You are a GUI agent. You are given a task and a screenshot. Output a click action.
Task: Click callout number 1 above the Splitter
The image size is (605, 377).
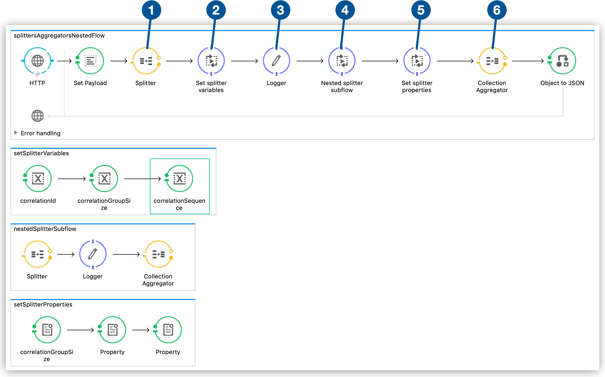click(x=151, y=10)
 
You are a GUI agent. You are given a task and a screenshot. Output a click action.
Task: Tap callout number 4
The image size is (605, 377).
click(x=345, y=10)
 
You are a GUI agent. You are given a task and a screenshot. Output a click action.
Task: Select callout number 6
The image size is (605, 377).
click(x=497, y=10)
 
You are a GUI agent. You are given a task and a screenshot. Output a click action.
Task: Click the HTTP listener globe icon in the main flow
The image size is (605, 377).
click(x=37, y=61)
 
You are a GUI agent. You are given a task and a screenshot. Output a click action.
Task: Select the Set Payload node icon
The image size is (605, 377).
click(x=90, y=61)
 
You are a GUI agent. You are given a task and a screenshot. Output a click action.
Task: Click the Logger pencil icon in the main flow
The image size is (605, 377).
click(x=276, y=61)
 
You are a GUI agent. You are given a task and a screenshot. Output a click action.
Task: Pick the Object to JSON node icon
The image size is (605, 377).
click(x=562, y=61)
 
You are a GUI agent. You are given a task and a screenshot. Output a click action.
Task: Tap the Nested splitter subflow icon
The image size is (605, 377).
click(x=342, y=61)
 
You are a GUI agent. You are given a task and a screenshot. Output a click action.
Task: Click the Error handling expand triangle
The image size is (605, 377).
click(x=16, y=133)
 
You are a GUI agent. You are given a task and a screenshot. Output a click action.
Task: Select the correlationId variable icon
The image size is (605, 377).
click(x=38, y=179)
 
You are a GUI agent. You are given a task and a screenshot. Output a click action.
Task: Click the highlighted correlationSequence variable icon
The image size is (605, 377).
click(x=179, y=179)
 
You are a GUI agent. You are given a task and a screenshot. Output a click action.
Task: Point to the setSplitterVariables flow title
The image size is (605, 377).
click(x=41, y=153)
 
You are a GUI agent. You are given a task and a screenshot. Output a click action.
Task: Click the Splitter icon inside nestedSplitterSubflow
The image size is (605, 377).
click(x=37, y=254)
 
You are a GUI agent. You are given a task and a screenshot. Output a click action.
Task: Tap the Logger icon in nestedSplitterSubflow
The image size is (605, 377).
click(x=93, y=254)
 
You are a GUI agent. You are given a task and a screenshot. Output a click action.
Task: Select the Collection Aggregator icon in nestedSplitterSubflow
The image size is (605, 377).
click(x=158, y=254)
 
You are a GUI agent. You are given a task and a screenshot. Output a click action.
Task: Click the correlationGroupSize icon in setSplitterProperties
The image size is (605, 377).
click(x=47, y=330)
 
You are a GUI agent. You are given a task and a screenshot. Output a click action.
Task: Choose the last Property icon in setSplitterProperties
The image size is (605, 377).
click(x=168, y=330)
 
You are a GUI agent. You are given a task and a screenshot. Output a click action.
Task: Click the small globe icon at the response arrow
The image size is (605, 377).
click(x=37, y=116)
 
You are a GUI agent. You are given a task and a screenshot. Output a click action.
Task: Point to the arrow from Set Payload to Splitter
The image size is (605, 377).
click(x=119, y=61)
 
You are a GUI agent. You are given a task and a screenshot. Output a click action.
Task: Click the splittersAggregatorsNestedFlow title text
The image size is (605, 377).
click(x=59, y=35)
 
